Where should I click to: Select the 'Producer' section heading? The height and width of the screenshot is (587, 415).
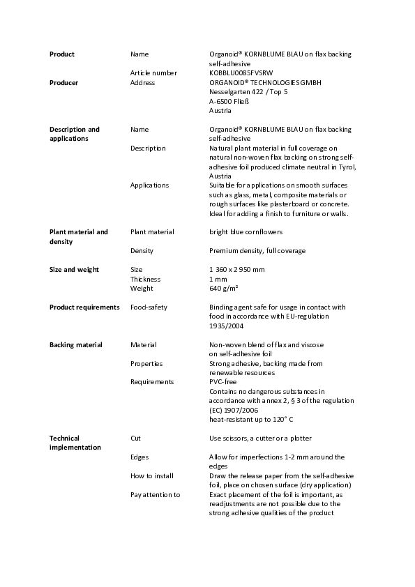63,83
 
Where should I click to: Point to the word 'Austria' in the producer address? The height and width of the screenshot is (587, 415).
220,110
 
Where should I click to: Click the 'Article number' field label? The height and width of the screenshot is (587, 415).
153,73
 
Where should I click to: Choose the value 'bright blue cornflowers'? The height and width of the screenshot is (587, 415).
246,232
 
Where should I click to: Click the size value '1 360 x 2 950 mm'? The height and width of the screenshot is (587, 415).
237,270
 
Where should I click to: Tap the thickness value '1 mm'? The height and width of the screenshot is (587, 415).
218,279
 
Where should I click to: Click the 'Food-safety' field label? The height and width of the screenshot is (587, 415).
149,307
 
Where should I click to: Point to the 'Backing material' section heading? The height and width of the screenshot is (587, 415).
75,345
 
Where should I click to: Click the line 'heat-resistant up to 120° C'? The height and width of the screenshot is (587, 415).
251,420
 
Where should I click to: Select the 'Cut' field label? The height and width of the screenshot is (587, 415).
135,439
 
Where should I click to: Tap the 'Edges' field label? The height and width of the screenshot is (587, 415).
139,457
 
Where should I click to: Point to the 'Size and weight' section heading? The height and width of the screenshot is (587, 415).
74,270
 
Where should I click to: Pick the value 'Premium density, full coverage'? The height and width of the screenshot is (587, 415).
257,251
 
